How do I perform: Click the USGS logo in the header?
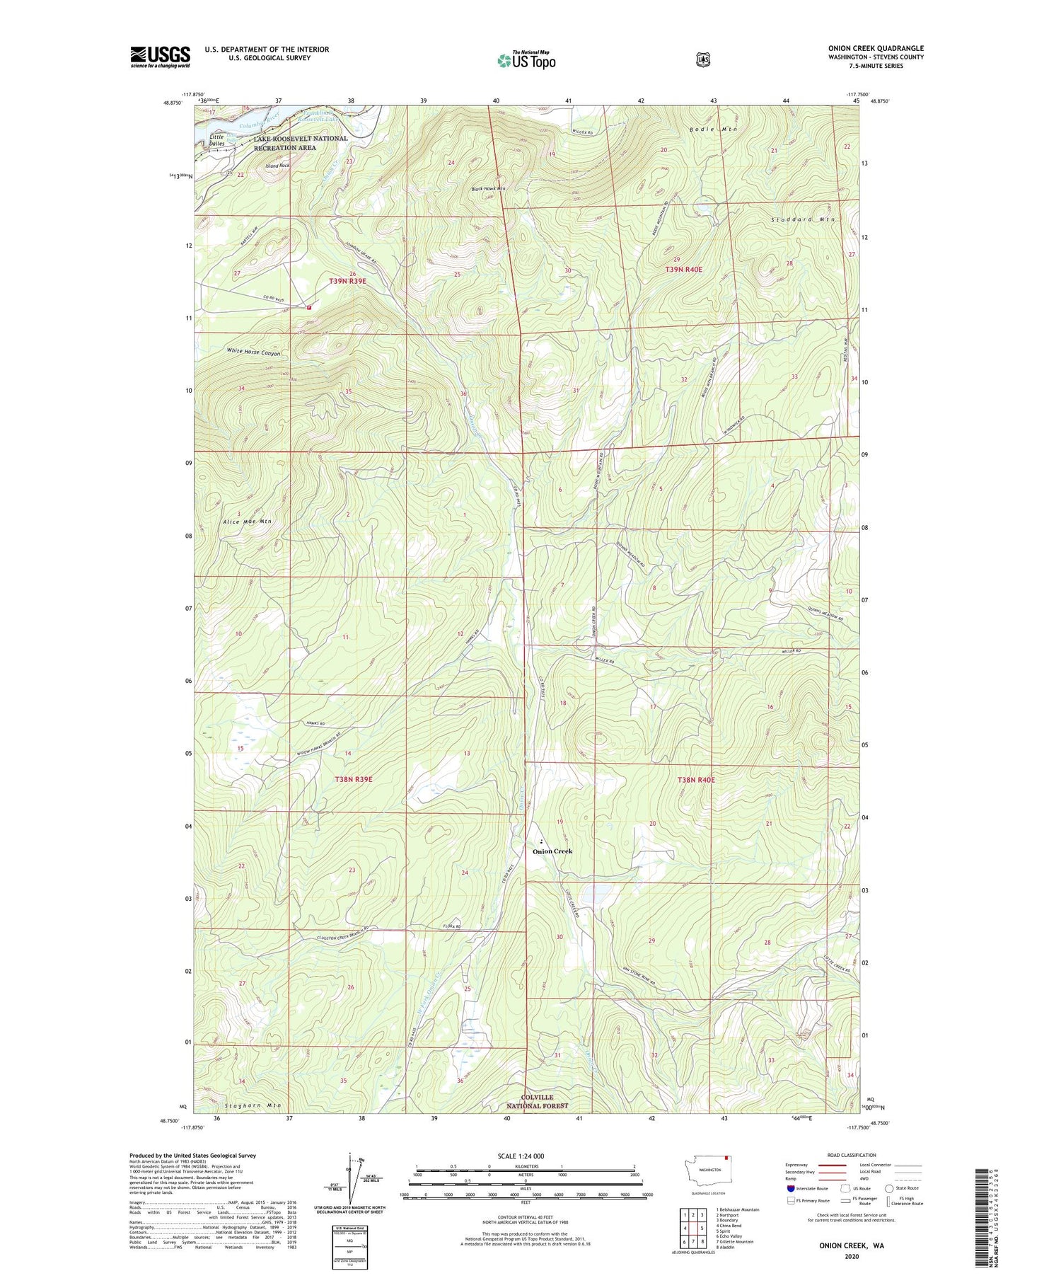click(160, 57)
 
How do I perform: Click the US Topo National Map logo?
click(526, 59)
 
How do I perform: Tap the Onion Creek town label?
click(552, 851)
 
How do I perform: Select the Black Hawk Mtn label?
click(489, 189)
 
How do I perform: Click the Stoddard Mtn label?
click(803, 220)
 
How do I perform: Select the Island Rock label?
click(277, 166)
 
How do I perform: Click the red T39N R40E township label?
click(683, 270)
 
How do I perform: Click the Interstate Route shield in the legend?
click(790, 1188)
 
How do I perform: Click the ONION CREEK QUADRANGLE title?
click(876, 48)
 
